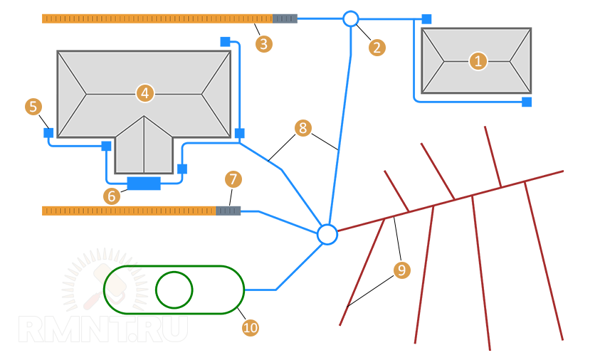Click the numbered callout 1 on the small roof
click(478, 61)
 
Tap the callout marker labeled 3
click(264, 43)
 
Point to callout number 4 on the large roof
click(144, 92)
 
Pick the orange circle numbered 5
click(33, 107)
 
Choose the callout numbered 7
click(233, 178)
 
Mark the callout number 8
click(302, 128)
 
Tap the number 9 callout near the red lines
click(402, 270)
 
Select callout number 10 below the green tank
click(250, 327)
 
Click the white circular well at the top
click(351, 18)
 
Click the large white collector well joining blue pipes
click(327, 234)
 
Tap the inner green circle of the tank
click(174, 290)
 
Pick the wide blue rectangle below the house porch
click(144, 184)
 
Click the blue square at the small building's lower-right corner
click(527, 102)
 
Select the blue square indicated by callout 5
click(48, 133)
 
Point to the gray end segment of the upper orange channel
click(285, 18)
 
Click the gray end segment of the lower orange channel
click(228, 211)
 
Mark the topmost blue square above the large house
click(225, 42)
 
